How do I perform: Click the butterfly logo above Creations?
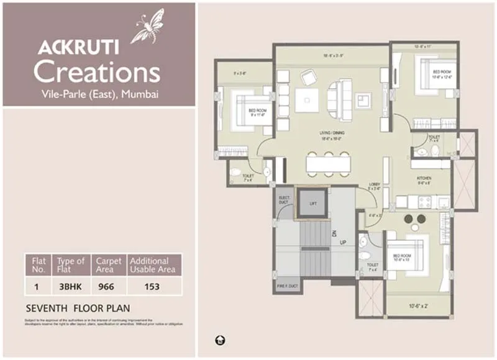[x=147, y=25]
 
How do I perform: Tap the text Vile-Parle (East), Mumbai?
[x=97, y=94]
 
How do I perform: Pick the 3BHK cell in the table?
[x=70, y=287]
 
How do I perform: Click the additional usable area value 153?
[x=152, y=287]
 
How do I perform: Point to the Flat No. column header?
[x=39, y=265]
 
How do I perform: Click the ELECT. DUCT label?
[x=284, y=199]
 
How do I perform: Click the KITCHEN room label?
[x=424, y=178]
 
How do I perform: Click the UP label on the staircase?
[x=342, y=241]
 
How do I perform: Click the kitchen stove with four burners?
[x=424, y=202]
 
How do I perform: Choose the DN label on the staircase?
[x=333, y=232]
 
